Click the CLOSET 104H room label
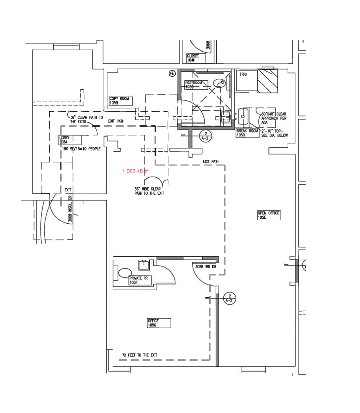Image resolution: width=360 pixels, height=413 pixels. pyautogui.click(x=193, y=58)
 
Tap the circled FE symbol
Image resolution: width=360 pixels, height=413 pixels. pyautogui.click(x=173, y=73)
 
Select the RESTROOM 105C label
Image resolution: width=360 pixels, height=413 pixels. pyautogui.click(x=193, y=84)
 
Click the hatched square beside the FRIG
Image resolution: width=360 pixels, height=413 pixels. pyautogui.click(x=267, y=81)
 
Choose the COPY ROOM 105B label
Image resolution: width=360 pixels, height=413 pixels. pyautogui.click(x=119, y=101)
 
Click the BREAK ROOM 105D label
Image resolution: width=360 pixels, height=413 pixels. pyautogui.click(x=247, y=133)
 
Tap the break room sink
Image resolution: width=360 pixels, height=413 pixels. pyautogui.click(x=243, y=117)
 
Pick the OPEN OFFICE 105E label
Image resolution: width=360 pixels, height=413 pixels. pyautogui.click(x=269, y=215)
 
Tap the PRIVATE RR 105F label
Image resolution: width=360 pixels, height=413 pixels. pyautogui.click(x=139, y=280)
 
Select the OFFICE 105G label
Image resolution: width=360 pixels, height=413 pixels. pyautogui.click(x=158, y=323)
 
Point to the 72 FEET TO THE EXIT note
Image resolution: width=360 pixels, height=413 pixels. pyautogui.click(x=140, y=355)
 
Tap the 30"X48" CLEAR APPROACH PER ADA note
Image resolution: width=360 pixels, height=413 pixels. pyautogui.click(x=274, y=117)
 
